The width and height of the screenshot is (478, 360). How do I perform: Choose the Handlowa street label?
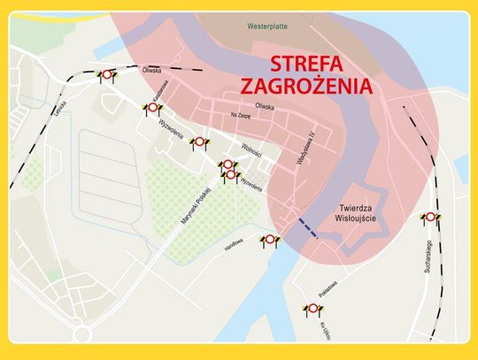coord(234,247)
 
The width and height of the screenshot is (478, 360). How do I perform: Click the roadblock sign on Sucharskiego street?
coord(429,217)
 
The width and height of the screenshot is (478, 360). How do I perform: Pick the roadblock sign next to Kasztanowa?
coord(152,108)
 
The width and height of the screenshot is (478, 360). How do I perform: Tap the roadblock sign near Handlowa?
coord(269,240)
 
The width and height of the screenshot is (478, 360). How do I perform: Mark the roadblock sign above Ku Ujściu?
coord(313,308)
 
